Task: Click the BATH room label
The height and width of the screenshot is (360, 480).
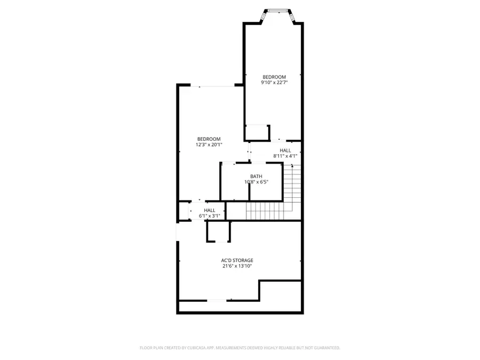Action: [256, 176]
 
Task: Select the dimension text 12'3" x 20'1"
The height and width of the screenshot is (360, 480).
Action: [208, 144]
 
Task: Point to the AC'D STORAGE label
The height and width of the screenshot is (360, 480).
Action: [237, 260]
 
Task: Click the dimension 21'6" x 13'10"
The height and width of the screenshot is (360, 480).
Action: [237, 266]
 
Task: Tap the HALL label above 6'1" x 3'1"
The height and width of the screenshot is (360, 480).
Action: [210, 210]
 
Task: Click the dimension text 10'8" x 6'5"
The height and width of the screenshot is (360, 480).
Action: [256, 182]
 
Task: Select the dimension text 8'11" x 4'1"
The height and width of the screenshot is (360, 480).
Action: [285, 156]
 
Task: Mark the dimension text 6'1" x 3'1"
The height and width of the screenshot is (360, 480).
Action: [210, 216]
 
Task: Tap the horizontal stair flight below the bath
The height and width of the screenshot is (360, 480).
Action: [263, 211]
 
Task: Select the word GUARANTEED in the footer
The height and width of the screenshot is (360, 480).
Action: [325, 348]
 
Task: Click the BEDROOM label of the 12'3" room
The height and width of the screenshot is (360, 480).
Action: [208, 139]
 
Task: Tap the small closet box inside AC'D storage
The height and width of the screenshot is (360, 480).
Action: [219, 231]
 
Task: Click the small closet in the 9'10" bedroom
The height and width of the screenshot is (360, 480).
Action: [257, 132]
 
